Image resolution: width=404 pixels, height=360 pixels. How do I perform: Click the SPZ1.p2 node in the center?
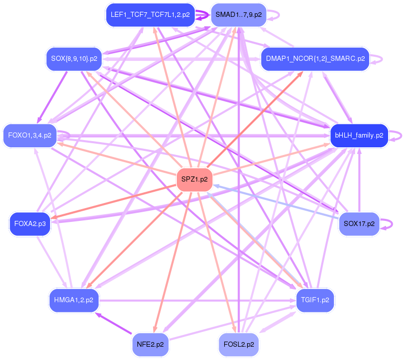tap(194, 179)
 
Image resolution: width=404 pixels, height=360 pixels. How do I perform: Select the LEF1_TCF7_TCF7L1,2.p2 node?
tap(150, 15)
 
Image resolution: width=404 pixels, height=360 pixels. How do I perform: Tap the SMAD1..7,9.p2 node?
tap(239, 15)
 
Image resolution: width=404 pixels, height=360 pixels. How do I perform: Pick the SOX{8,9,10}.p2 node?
tap(74, 59)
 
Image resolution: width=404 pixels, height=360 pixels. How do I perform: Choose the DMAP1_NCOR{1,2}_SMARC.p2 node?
tap(315, 59)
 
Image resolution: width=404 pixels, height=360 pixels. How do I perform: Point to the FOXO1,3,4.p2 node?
tap(30, 136)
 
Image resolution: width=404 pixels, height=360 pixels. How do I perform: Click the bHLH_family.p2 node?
tap(359, 136)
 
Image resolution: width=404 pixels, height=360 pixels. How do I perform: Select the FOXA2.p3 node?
tap(30, 224)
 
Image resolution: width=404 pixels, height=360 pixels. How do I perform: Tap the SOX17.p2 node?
tap(359, 224)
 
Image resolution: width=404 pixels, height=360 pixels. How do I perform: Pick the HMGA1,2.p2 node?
tap(74, 300)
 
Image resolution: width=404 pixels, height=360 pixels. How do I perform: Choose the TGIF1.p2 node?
tap(315, 300)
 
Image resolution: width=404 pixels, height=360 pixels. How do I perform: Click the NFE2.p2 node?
tap(150, 344)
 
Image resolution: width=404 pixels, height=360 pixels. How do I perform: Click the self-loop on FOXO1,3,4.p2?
tap(68, 136)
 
